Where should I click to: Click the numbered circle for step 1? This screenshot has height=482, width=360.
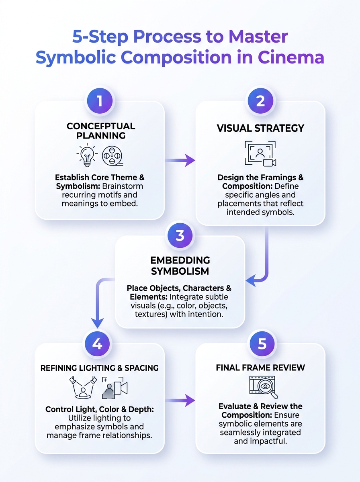(x=100, y=101)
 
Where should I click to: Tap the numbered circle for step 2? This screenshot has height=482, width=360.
(x=260, y=101)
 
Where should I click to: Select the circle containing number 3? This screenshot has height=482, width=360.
(x=180, y=236)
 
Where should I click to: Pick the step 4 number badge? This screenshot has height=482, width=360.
(x=97, y=344)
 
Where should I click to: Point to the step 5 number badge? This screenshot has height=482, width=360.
(x=262, y=344)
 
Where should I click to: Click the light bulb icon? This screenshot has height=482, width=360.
(x=87, y=155)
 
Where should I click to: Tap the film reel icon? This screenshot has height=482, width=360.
(x=112, y=156)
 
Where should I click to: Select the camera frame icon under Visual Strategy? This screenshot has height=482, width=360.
(x=260, y=153)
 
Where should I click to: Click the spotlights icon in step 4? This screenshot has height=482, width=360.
(x=83, y=388)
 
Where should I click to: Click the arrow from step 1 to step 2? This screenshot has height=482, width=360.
(x=180, y=160)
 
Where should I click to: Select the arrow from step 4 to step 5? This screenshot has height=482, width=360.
(x=180, y=400)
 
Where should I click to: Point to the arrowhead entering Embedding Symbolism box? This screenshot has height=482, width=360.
(x=251, y=280)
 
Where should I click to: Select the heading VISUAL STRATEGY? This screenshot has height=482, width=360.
(x=260, y=128)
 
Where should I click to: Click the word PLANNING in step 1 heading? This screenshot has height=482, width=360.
(x=101, y=135)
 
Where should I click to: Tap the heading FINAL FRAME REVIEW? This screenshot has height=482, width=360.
(x=260, y=368)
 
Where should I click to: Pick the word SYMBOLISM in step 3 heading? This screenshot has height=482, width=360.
(x=180, y=271)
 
